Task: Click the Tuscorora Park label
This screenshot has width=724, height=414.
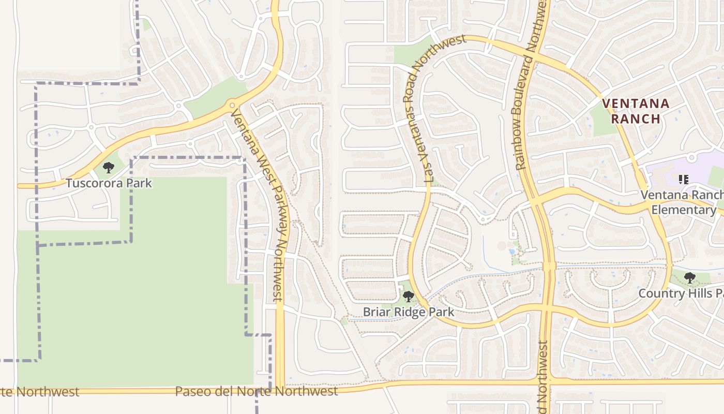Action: coord(109,183)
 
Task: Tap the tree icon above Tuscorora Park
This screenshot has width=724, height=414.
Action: coord(108,168)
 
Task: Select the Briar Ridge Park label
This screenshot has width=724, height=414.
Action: coord(409,312)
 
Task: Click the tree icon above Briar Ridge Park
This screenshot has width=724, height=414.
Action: coord(409,297)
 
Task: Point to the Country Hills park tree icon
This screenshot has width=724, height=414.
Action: coord(689,278)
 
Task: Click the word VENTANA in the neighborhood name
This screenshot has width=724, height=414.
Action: coord(636,103)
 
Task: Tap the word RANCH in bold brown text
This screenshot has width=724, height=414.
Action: coord(636,119)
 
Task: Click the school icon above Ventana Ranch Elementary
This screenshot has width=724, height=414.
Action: coord(683,180)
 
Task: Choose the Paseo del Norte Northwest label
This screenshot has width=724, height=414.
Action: coord(256,391)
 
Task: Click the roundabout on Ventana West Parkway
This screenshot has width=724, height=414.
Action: coord(231,107)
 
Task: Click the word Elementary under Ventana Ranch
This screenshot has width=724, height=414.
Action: coord(683,210)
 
